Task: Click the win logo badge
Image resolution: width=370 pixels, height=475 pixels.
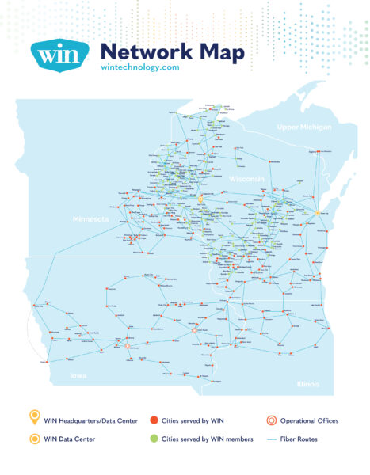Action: click(x=56, y=57)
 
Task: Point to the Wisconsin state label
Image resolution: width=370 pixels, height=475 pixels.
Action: click(x=246, y=180)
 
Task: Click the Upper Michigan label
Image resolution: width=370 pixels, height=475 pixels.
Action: click(x=303, y=127)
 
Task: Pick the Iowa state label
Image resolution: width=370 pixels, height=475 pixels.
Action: click(x=79, y=375)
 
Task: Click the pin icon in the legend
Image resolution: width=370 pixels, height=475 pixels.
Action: click(x=34, y=419)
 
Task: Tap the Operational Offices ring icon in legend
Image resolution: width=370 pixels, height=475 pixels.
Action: click(x=273, y=420)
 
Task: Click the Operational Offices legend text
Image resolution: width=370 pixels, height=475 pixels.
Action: click(x=312, y=420)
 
